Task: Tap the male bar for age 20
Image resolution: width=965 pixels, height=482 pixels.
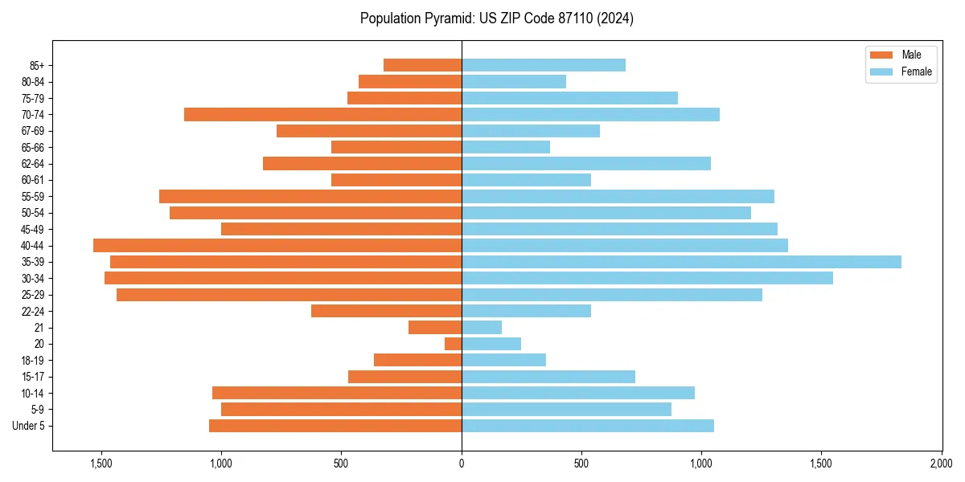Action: (454, 344)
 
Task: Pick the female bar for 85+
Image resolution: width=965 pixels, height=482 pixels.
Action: (544, 65)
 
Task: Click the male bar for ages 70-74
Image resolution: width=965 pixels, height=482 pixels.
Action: (322, 115)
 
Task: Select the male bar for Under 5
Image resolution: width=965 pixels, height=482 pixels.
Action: (335, 426)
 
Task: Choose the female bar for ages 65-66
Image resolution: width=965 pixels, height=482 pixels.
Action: (506, 147)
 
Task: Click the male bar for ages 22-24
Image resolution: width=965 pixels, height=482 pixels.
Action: (386, 311)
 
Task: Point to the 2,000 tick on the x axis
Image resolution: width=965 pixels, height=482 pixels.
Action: (942, 464)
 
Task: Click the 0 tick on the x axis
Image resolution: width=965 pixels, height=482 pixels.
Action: (462, 464)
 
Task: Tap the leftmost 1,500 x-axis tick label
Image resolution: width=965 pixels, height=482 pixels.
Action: (101, 464)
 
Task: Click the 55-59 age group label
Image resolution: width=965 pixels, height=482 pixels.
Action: (32, 197)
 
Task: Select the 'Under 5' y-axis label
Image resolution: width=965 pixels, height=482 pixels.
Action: (28, 426)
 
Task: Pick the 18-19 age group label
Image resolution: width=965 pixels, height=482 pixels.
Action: (32, 361)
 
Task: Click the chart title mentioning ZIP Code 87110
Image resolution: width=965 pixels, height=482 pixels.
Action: (497, 18)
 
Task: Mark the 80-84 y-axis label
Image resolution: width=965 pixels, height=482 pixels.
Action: (32, 82)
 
